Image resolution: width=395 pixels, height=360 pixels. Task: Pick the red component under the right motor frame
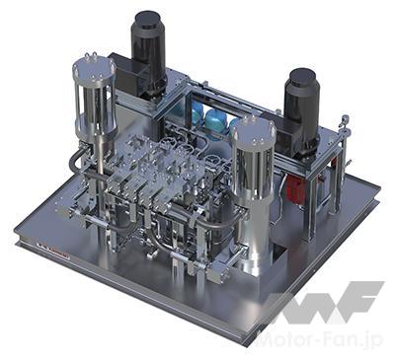point(295,188)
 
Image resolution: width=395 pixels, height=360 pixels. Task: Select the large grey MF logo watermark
point(324,304)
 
